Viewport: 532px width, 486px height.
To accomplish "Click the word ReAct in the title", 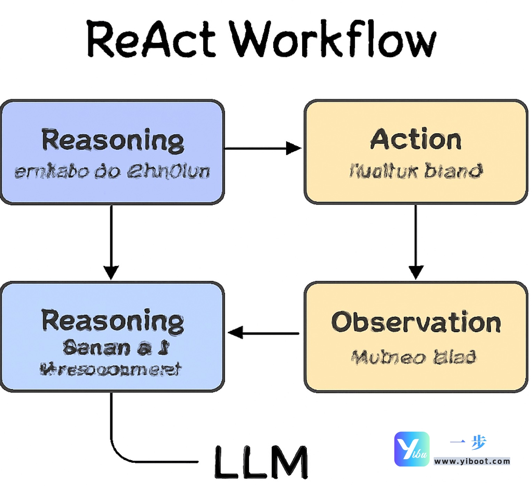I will tap(151, 39).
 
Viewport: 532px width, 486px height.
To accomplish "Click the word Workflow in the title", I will tap(332, 39).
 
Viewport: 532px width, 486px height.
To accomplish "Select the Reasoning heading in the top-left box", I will tap(112, 140).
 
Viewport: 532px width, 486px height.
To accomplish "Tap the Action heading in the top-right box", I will tap(416, 140).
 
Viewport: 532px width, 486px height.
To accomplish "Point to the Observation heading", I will tap(416, 322).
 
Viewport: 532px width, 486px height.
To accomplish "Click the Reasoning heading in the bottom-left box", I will tap(112, 321).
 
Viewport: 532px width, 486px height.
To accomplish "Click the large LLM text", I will tap(261, 462).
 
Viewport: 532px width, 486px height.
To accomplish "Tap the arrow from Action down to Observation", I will tap(416, 240).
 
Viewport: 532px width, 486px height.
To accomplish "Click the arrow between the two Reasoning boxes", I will tap(111, 240).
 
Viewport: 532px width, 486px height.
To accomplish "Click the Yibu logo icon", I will tap(412, 449).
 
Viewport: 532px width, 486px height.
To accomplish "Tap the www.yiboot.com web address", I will tap(472, 461).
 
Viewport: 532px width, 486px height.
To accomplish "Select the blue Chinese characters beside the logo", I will tap(468, 442).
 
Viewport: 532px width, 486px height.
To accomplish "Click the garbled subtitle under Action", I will tap(416, 171).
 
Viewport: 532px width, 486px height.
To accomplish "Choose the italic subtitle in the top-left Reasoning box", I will tap(112, 171).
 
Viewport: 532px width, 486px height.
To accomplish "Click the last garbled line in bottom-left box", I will tap(111, 369).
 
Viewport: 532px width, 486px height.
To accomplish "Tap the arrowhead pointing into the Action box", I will tap(293, 148).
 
